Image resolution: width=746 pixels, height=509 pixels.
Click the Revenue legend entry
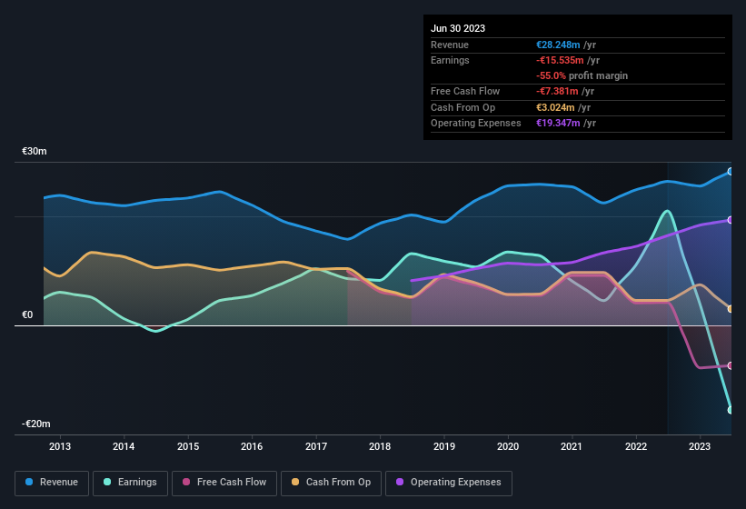52,482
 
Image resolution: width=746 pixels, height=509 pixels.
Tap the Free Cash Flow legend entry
225,482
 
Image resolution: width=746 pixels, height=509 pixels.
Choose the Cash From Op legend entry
331,482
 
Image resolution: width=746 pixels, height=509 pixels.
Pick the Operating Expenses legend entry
449,482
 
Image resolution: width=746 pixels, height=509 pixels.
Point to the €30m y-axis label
35,151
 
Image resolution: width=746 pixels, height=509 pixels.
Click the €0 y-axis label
27,315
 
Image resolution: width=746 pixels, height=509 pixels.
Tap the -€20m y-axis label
35,424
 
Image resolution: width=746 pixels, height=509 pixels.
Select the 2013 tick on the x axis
60,446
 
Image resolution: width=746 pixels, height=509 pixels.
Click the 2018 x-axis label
380,446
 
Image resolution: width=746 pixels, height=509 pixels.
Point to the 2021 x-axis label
572,446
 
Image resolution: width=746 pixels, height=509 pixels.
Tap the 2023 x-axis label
700,446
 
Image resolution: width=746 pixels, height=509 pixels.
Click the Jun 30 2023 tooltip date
458,28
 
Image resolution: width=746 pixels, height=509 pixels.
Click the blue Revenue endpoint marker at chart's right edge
731,171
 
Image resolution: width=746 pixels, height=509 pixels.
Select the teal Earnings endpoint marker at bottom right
731,410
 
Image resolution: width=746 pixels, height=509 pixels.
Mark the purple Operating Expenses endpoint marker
731,220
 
